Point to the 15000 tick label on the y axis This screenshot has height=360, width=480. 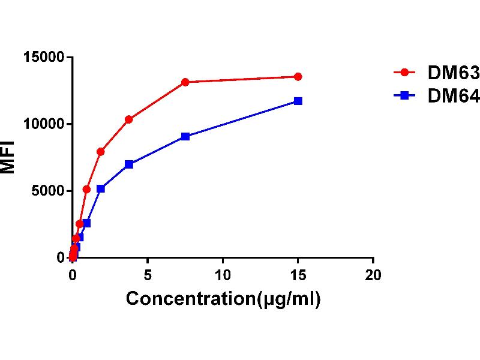pyautogui.click(x=43, y=58)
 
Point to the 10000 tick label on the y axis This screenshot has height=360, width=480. pyautogui.click(x=43, y=124)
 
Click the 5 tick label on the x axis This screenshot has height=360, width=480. pyautogui.click(x=148, y=275)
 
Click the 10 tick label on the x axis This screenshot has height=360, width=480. pyautogui.click(x=223, y=275)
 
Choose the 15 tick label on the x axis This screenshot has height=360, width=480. pyautogui.click(x=298, y=275)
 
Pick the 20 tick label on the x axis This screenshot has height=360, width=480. pyautogui.click(x=373, y=275)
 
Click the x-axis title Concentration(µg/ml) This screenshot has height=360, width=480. pyautogui.click(x=223, y=298)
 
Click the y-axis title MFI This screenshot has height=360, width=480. pyautogui.click(x=8, y=158)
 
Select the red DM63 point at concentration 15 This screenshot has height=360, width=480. pyautogui.click(x=298, y=77)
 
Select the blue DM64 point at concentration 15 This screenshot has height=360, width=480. pyautogui.click(x=298, y=101)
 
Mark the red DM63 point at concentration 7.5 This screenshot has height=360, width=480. pyautogui.click(x=185, y=82)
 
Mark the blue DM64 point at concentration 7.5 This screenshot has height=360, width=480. pyautogui.click(x=185, y=136)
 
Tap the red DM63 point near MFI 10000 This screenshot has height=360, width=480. pyautogui.click(x=129, y=119)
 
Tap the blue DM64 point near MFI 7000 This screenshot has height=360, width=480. pyautogui.click(x=129, y=164)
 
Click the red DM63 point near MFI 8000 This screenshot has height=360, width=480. pyautogui.click(x=101, y=152)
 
